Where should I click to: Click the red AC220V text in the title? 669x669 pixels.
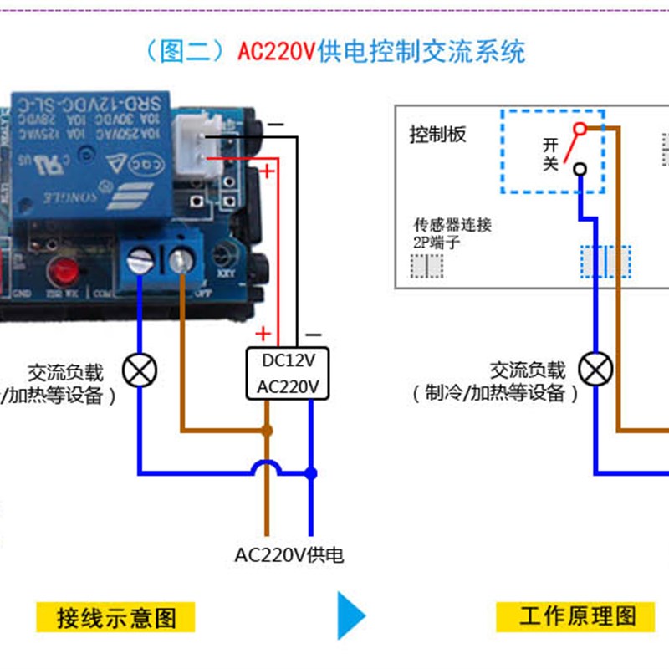click(276, 52)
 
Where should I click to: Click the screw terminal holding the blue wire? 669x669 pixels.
click(138, 262)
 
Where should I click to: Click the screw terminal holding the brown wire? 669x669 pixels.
click(180, 262)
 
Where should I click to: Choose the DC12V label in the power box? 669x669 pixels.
click(289, 361)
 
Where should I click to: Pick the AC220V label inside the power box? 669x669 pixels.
click(289, 386)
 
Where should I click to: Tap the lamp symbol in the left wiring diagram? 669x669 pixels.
click(139, 369)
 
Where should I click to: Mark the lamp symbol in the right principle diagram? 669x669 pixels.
click(596, 369)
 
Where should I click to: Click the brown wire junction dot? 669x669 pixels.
click(267, 432)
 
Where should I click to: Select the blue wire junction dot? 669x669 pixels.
click(311, 473)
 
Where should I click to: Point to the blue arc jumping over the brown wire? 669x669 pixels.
click(267, 466)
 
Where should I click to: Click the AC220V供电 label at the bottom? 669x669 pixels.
click(289, 554)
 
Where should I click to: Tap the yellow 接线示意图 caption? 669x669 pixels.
click(116, 617)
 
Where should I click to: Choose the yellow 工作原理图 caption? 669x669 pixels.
click(577, 617)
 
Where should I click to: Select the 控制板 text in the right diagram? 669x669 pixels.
click(437, 135)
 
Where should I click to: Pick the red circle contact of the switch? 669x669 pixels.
click(578, 129)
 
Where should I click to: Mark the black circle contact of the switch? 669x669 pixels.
click(578, 170)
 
